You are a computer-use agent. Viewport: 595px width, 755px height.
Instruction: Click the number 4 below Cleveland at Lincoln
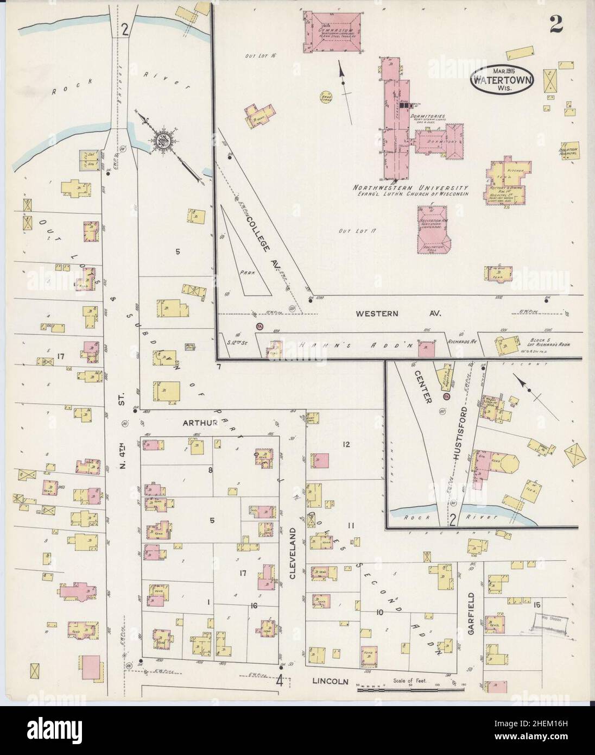coord(280,679)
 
